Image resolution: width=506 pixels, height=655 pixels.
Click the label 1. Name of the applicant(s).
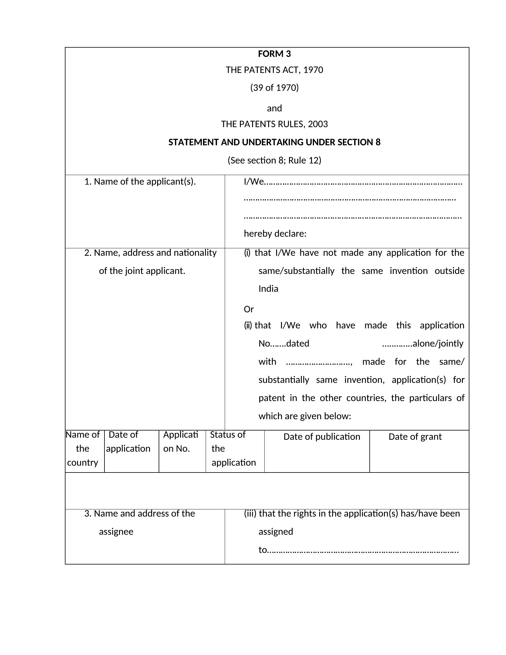click(x=140, y=182)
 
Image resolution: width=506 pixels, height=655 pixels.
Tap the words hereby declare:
click(x=275, y=234)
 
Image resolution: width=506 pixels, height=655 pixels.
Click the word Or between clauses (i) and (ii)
click(x=249, y=309)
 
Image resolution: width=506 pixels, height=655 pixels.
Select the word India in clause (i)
click(x=268, y=289)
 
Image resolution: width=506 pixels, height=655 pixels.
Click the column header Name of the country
click(x=82, y=449)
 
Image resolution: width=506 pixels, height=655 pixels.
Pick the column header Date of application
click(x=128, y=442)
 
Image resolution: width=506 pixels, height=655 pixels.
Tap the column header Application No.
click(x=180, y=442)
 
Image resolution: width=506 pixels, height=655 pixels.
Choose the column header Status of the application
click(x=233, y=449)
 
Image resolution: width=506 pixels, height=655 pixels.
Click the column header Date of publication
click(x=322, y=437)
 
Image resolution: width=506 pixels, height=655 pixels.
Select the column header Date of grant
click(x=415, y=437)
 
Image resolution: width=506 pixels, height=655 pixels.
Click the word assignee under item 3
click(x=116, y=532)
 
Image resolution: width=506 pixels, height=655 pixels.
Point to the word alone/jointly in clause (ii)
click(x=438, y=343)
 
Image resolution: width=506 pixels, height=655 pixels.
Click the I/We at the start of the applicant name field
click(x=254, y=182)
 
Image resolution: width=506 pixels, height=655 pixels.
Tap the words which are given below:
click(x=304, y=416)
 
